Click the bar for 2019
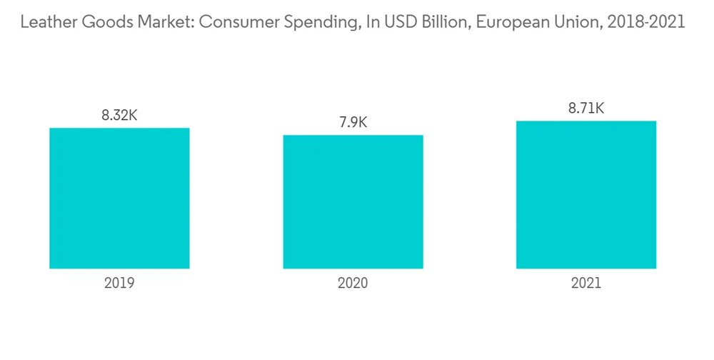pos(119,199)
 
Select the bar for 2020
pos(353,201)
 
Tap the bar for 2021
pos(586,195)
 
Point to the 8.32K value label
pos(119,114)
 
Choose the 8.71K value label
pos(586,108)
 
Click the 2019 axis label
pos(119,283)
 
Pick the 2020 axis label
pos(353,283)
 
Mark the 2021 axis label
pos(586,283)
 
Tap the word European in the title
pos(502,23)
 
